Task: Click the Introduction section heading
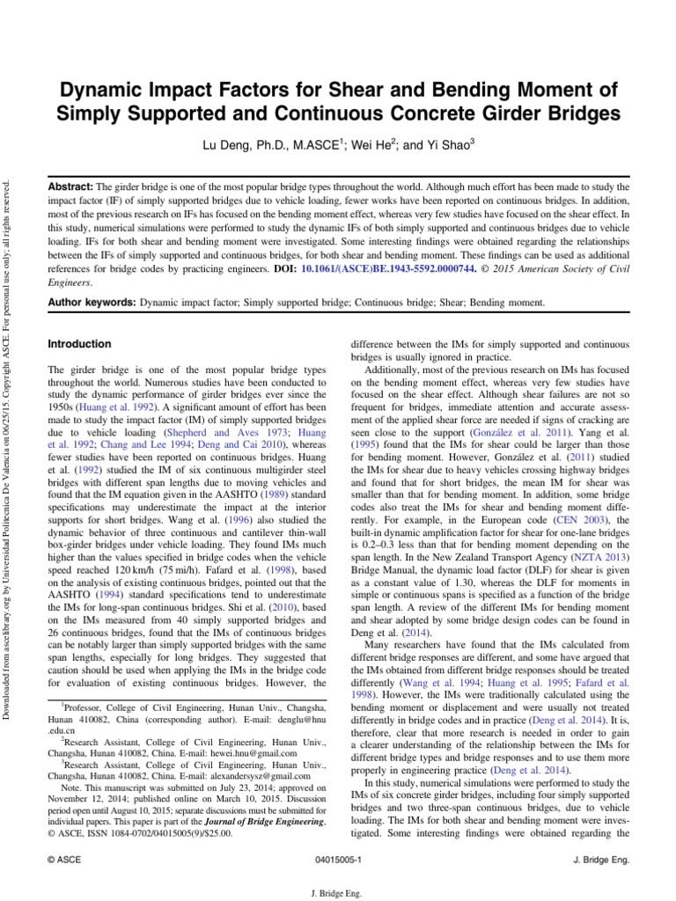tap(79, 344)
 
